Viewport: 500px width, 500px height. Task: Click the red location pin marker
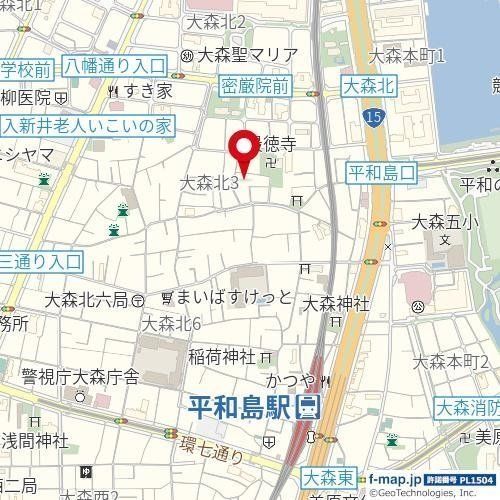click(x=242, y=153)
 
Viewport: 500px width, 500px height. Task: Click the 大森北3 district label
click(x=208, y=182)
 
